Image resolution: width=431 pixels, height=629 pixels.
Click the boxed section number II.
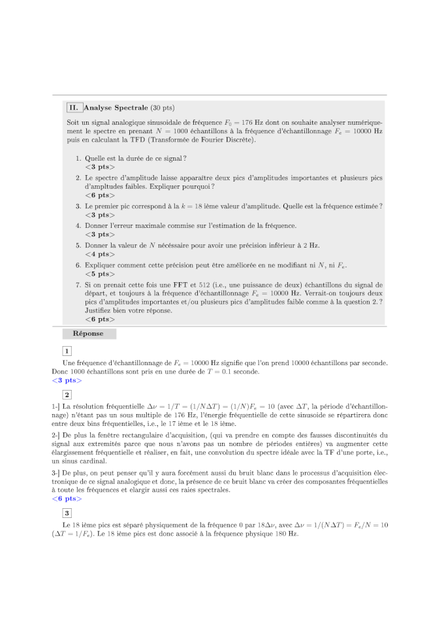pos(74,108)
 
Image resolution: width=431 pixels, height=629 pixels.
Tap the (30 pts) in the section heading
pos(162,108)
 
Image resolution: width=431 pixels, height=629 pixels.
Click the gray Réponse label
pos(88,334)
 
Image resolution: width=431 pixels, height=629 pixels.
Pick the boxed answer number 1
pos(67,351)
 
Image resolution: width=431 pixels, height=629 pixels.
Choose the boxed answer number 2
pos(67,395)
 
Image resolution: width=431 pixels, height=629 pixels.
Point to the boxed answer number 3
pos(67,513)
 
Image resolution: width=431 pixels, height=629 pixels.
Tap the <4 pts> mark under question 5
pos(99,254)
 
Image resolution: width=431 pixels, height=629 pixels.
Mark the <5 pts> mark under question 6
pos(99,274)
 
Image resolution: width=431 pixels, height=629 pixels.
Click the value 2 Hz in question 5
pos(311,246)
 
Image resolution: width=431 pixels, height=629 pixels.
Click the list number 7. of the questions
pos(78,285)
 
